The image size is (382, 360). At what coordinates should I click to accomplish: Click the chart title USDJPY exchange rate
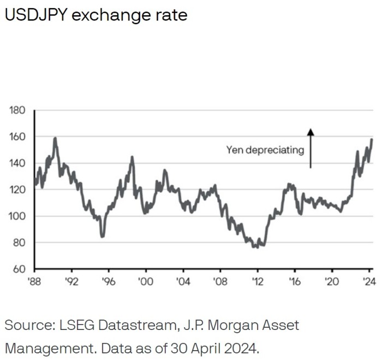click(x=95, y=15)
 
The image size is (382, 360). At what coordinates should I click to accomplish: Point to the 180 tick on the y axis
click(x=17, y=110)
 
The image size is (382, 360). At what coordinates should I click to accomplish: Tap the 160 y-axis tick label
click(x=17, y=137)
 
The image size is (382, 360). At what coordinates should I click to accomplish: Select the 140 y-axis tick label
click(x=17, y=163)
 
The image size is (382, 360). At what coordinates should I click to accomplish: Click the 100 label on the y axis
click(x=17, y=216)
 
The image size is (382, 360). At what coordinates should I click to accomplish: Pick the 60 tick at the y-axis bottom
click(x=20, y=269)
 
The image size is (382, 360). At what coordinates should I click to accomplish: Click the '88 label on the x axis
click(x=34, y=282)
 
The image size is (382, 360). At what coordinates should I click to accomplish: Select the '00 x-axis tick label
click(x=146, y=282)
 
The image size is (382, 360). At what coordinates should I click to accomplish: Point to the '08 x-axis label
click(x=220, y=282)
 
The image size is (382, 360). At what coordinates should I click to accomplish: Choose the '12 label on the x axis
click(x=258, y=282)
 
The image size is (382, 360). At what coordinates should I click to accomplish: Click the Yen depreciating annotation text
click(x=265, y=150)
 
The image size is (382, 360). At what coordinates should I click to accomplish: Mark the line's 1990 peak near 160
click(x=55, y=138)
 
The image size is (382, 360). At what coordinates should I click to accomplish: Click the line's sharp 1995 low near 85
click(x=102, y=236)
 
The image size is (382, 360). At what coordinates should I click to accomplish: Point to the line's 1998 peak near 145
click(x=132, y=157)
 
